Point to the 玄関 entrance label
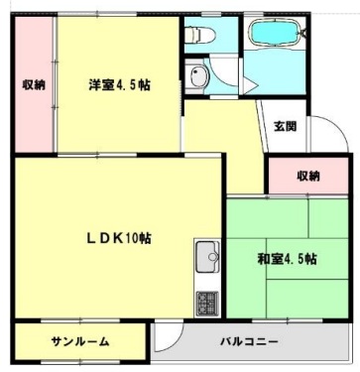285,126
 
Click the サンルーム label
80,341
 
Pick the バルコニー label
248,341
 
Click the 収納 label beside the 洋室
33,84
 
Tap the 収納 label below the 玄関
308,176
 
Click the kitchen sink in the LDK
208,260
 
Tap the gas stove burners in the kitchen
208,300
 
